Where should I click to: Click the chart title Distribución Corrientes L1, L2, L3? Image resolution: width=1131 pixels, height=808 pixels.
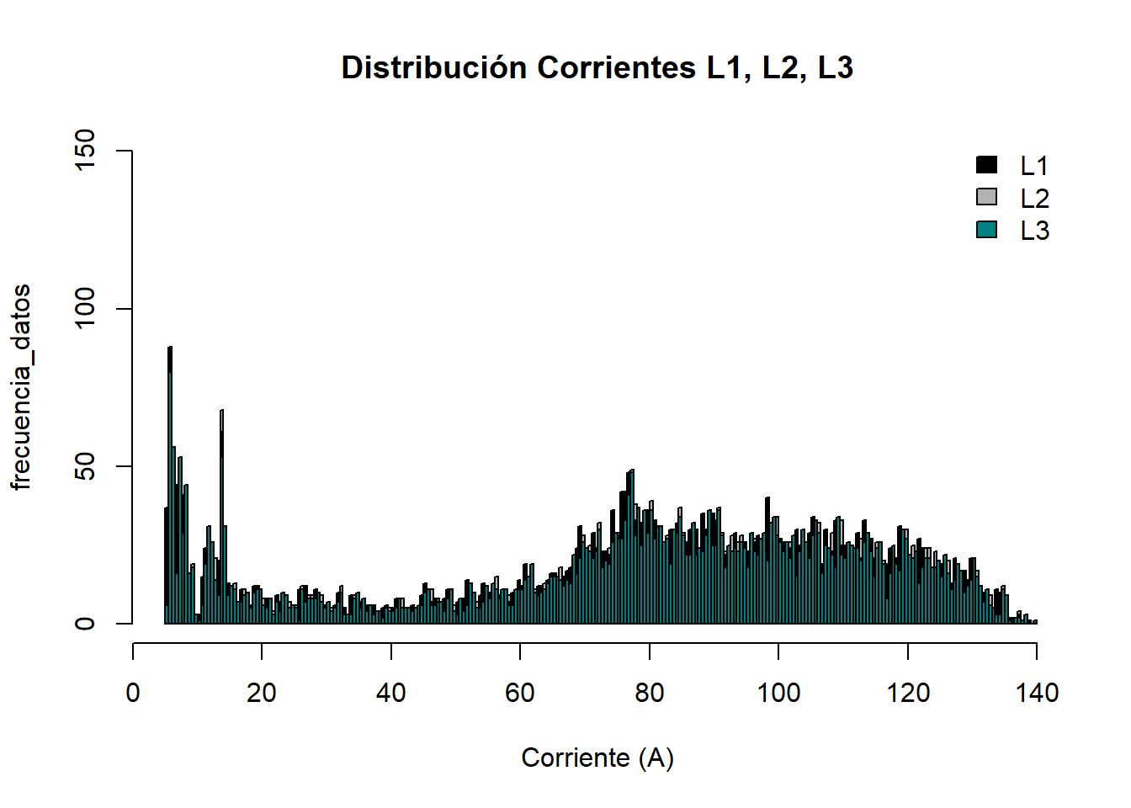[x=597, y=68]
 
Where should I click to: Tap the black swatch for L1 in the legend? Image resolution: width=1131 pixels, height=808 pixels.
[x=986, y=165]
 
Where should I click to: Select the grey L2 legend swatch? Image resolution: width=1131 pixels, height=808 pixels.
[x=986, y=197]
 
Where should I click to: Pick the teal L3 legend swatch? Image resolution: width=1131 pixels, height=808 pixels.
[x=986, y=229]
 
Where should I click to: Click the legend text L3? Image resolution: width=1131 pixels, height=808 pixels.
[x=1034, y=231]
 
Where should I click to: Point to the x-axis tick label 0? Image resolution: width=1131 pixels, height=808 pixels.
[x=133, y=693]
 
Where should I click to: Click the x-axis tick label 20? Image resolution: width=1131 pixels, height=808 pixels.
[x=262, y=693]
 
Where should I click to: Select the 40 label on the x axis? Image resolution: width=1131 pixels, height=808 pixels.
[x=390, y=693]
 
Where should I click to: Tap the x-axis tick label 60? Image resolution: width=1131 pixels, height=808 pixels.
[x=520, y=693]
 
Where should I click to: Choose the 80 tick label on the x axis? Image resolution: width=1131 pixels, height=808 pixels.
[x=649, y=693]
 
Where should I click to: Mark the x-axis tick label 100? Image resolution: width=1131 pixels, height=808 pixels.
[x=778, y=693]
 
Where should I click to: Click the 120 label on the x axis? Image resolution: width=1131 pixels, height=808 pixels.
[x=908, y=693]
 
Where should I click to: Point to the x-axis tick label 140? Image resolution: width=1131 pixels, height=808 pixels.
[x=1037, y=693]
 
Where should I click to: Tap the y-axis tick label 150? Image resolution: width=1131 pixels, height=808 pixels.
[x=86, y=151]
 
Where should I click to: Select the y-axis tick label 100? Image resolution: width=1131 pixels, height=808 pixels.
[x=86, y=309]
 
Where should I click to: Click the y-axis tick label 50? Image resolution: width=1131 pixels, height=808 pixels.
[x=86, y=466]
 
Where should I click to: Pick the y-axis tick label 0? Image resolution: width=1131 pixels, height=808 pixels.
[x=86, y=624]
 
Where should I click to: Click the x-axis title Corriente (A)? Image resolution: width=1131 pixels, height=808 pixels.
[x=597, y=757]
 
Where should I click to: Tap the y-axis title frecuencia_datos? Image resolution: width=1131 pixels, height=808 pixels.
[x=21, y=387]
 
